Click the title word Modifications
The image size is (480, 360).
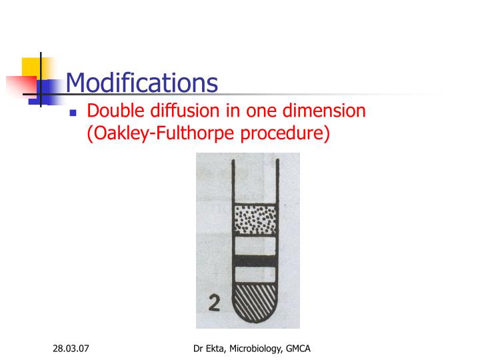click(142, 83)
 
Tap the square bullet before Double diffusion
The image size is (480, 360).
click(74, 113)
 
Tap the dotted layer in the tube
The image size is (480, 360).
click(255, 219)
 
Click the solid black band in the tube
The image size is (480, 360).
click(255, 261)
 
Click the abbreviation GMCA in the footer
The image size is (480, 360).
click(300, 349)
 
